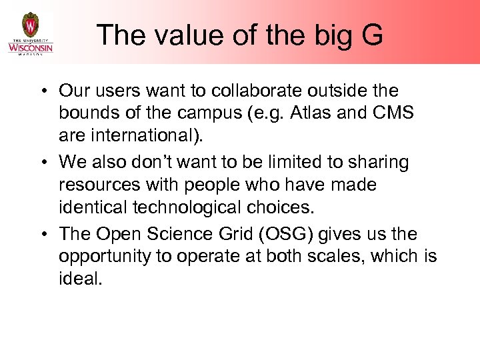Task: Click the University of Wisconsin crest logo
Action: tap(30, 25)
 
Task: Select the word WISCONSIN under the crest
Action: tap(30, 47)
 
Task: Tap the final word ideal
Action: tap(81, 279)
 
